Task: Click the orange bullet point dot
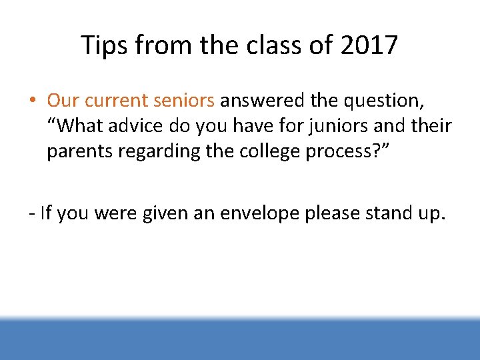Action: [x=32, y=101]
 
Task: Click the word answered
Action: [x=263, y=101]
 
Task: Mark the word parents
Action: [x=73, y=152]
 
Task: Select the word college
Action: [x=254, y=151]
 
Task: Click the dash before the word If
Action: [x=32, y=213]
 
